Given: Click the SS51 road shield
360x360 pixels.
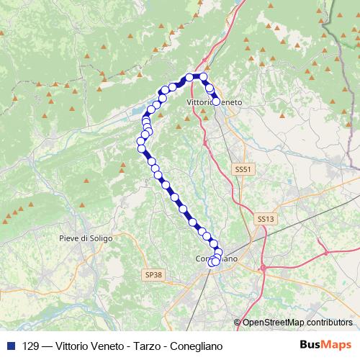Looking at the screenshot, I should [x=243, y=169].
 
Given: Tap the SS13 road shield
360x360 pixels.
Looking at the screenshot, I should [x=266, y=217].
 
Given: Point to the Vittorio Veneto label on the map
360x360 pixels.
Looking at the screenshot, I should [x=215, y=103].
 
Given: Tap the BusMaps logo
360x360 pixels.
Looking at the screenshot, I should [x=325, y=345].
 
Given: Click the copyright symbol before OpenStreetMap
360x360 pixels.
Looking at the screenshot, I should [x=238, y=323].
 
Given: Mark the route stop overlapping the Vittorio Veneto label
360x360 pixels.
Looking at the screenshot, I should [x=215, y=102].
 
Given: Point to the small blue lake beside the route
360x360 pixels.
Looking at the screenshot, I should [x=137, y=112].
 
